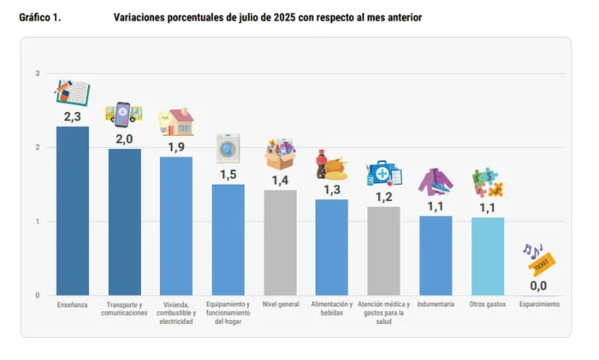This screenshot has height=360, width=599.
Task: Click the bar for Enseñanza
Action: coord(73,210)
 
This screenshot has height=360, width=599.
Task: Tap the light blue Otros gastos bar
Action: coord(488,256)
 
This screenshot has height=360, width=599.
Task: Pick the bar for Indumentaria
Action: coord(436,255)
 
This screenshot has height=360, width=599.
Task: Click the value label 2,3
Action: coord(72,115)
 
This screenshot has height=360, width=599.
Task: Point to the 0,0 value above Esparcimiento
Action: coord(538,286)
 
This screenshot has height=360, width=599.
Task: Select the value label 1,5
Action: coord(228,174)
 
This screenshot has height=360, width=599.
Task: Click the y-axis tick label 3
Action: coord(38,74)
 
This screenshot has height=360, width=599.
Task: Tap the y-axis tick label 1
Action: coord(38,221)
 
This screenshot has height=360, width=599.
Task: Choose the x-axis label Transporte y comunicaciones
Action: coord(124,309)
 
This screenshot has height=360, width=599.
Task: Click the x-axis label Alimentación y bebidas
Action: coord(331,309)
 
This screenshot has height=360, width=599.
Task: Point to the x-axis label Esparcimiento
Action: coord(539,304)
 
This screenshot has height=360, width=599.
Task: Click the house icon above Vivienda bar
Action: coord(178,122)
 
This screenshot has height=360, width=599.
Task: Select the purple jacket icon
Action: coord(436,181)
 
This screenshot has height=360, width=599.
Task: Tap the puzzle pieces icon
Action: coord(488,182)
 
